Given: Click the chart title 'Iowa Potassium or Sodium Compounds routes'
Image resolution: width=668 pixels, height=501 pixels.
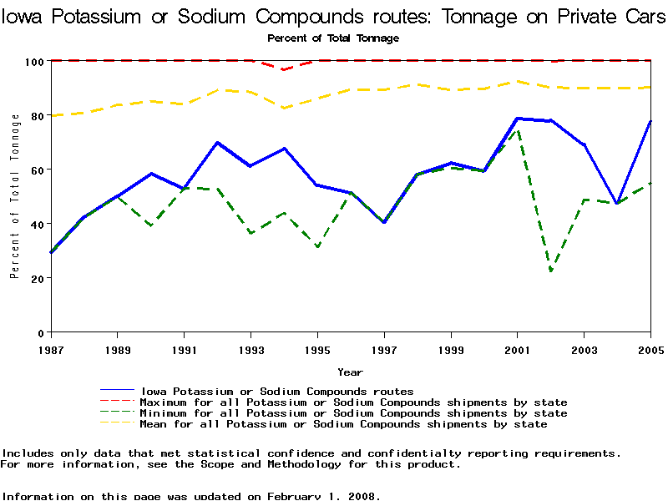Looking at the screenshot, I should pos(333,16).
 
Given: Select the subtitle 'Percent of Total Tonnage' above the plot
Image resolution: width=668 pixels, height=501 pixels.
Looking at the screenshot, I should pos(333,38).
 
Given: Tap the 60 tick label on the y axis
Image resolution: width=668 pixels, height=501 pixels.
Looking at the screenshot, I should pos(37,170).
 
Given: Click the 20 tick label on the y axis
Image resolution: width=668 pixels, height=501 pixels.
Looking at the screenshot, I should pos(37,278).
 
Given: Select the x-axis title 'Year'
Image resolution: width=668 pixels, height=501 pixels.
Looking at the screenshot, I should pos(350,372).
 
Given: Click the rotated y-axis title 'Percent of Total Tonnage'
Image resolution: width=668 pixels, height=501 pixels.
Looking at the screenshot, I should pos(15,197).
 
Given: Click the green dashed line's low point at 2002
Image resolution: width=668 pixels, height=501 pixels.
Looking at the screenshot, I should pos(551,271).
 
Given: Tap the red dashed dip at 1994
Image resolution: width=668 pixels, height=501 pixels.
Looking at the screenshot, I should pos(284,69).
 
